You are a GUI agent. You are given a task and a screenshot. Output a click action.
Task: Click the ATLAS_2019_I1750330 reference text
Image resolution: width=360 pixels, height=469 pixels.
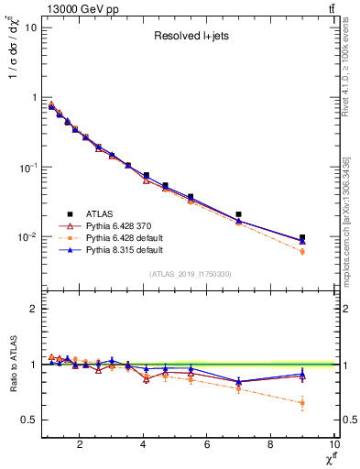[191, 274]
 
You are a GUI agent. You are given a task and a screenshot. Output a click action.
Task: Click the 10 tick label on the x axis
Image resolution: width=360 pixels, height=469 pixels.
[333, 446]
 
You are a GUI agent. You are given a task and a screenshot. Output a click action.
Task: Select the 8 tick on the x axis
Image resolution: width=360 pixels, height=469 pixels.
[270, 446]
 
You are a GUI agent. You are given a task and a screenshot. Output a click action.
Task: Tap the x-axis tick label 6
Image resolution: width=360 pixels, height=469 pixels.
[207, 446]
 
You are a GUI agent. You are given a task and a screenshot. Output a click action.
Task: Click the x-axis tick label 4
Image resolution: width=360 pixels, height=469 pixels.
[144, 446]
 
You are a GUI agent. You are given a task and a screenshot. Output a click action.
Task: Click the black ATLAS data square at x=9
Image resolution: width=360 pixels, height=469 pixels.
[302, 237]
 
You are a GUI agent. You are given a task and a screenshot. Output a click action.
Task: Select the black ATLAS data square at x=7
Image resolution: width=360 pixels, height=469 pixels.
[239, 214]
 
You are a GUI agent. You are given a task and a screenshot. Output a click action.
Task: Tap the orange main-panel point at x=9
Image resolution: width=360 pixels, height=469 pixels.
[302, 251]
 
